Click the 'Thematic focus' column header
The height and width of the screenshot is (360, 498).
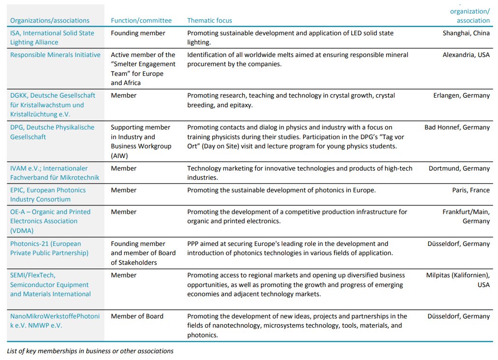click(x=209, y=20)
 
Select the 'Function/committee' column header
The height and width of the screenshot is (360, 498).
click(x=141, y=20)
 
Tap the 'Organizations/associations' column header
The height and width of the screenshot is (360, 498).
click(x=50, y=20)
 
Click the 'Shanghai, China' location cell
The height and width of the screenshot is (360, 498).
click(x=466, y=33)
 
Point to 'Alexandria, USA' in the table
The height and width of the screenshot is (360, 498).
click(x=466, y=55)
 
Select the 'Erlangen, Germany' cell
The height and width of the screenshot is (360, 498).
click(x=461, y=95)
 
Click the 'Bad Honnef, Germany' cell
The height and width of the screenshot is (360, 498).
click(x=457, y=127)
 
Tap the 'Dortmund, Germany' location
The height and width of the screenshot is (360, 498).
click(x=459, y=168)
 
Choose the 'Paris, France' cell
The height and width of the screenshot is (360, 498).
click(x=471, y=190)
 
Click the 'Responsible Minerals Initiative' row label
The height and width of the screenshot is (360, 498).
click(x=55, y=55)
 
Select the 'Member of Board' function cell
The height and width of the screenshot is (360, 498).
click(x=137, y=316)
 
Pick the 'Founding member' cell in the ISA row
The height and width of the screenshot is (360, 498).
click(x=138, y=33)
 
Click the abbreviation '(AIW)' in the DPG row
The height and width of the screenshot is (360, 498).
click(x=121, y=155)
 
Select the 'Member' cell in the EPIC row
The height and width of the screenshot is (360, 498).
click(x=124, y=190)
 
